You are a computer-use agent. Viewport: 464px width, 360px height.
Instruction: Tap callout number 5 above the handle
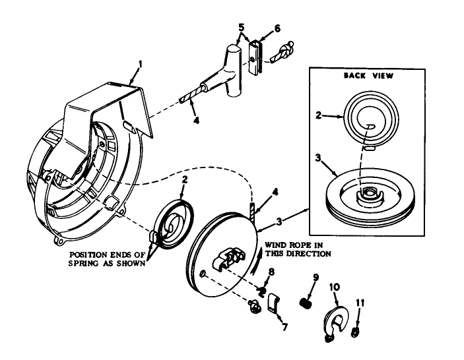pos(242,28)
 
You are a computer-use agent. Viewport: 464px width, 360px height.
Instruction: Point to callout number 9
pos(315,278)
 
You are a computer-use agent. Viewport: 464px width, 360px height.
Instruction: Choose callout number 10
pos(334,287)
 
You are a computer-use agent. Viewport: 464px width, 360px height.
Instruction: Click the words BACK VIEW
pos(368,76)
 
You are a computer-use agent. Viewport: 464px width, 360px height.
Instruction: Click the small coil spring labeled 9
pos(306,303)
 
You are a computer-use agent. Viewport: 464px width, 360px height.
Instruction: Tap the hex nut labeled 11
pos(356,331)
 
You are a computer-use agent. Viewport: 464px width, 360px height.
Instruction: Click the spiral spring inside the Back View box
pos(372,117)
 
